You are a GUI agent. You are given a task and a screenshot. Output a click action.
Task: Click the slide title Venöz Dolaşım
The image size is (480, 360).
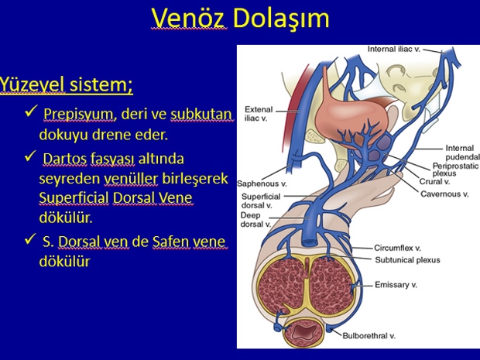240,19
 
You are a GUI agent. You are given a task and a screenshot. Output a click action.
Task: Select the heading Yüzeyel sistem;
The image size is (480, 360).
66,84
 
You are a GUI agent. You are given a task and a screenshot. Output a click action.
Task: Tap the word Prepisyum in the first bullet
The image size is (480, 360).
78,115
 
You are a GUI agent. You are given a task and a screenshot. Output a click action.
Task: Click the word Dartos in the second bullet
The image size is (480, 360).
64,159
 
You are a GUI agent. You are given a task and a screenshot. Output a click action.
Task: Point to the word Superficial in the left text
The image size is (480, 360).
74,197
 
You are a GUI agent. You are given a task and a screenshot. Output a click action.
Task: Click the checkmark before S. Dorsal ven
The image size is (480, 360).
31,239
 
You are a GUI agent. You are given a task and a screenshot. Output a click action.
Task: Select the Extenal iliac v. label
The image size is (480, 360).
259,114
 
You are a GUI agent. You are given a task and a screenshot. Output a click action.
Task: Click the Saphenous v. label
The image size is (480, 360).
262,183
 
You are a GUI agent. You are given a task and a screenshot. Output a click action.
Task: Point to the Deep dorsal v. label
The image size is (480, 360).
255,220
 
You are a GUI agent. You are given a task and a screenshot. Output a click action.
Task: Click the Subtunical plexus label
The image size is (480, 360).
407,260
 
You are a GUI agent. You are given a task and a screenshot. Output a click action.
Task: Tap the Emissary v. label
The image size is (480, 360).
396,285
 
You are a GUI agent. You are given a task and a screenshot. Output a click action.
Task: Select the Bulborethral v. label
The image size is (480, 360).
369,336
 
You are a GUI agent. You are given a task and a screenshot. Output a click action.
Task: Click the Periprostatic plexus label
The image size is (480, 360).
455,170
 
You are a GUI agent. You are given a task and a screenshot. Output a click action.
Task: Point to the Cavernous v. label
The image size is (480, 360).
444,194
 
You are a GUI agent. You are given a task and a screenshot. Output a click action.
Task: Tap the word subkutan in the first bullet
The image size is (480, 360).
201,115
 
